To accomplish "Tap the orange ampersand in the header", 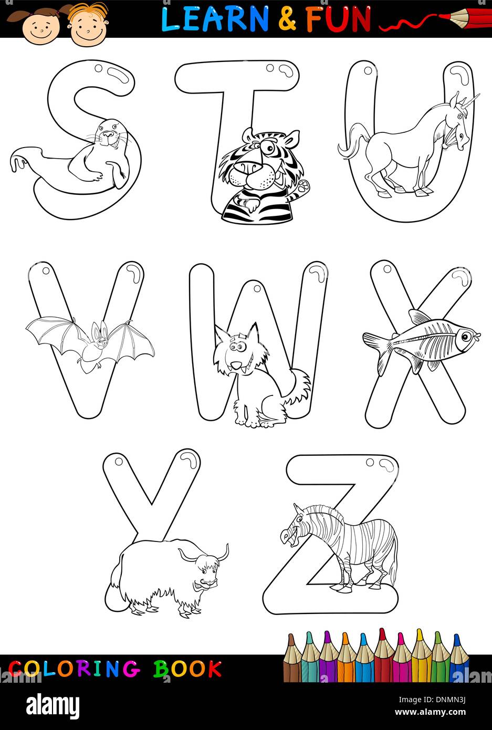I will [x=287, y=19].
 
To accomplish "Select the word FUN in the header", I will [x=338, y=19].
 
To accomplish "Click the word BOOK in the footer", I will [x=187, y=670].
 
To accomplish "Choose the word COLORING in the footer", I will [x=74, y=670].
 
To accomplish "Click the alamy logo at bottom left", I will [x=53, y=706].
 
